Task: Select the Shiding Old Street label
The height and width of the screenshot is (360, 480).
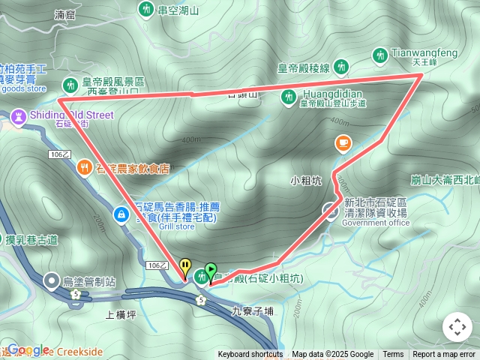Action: (72, 115)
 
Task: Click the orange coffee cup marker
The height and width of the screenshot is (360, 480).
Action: (342, 142)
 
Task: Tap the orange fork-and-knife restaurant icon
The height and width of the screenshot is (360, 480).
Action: (83, 169)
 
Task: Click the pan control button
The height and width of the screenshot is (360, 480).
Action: (457, 327)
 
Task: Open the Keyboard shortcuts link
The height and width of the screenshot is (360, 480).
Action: (250, 355)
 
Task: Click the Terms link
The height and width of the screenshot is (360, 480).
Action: (393, 355)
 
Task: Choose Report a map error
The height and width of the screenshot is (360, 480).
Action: (445, 355)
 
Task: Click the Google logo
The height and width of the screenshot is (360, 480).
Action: (28, 350)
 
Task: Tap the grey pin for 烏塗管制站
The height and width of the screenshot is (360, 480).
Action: (51, 281)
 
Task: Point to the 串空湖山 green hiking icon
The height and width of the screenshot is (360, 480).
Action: (145, 10)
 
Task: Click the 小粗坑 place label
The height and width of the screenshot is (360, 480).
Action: (306, 180)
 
